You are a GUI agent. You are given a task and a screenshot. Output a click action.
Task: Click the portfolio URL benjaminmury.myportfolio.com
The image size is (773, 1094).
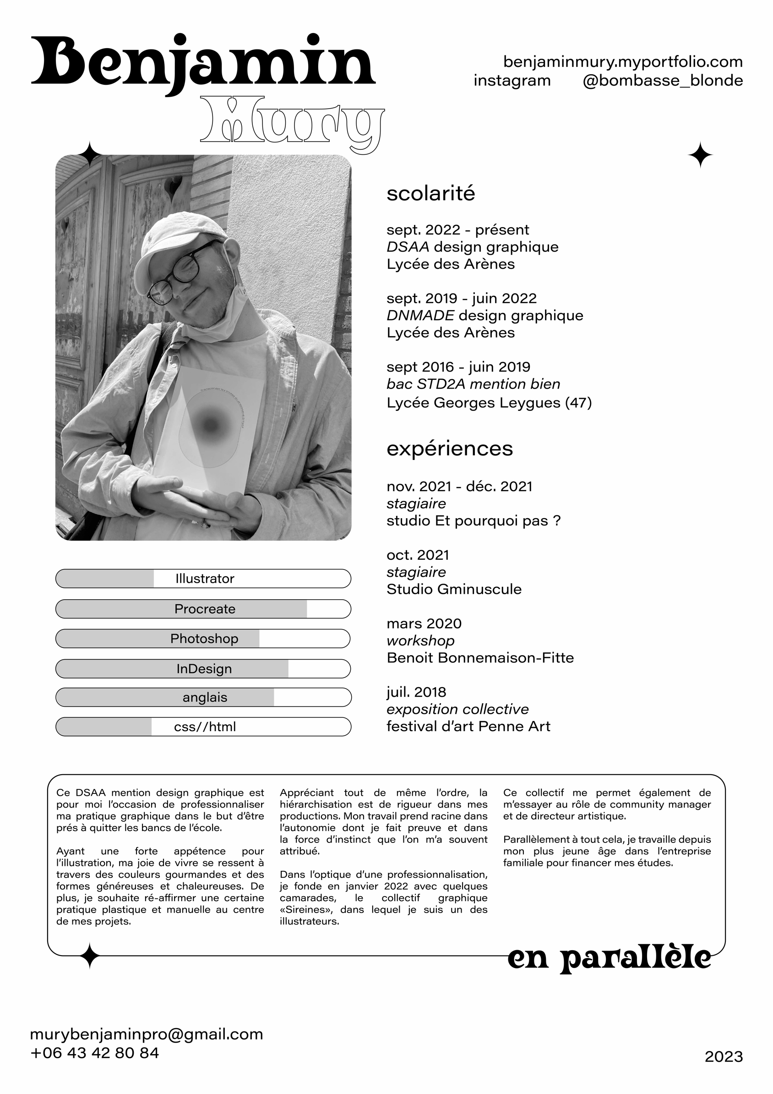[x=622, y=62]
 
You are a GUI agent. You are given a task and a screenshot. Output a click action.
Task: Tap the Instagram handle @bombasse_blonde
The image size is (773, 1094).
[x=663, y=81]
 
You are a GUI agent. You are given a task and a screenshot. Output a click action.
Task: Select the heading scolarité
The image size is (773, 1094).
[x=430, y=193]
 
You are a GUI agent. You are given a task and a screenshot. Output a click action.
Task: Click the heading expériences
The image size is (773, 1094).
[x=450, y=449]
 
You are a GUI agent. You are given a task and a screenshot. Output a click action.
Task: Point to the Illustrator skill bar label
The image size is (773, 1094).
[x=205, y=579]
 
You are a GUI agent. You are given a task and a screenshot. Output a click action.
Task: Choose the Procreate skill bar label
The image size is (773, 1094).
[x=205, y=609]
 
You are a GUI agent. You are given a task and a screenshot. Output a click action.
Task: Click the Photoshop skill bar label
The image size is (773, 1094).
[x=204, y=639]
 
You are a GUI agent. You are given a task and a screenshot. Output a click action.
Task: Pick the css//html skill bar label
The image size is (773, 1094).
[x=205, y=727]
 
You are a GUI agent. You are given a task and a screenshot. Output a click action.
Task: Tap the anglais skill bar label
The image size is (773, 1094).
[x=205, y=697]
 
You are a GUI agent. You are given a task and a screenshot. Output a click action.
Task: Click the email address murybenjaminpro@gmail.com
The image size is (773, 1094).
[x=146, y=1034]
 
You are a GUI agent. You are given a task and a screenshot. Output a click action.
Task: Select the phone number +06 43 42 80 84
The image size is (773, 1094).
[x=94, y=1053]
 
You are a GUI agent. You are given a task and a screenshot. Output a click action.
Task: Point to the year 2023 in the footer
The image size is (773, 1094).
[x=724, y=1057]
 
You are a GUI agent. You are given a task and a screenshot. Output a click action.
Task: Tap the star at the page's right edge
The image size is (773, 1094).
[x=700, y=155]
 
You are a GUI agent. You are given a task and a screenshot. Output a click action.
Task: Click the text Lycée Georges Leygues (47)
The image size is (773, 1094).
[x=489, y=403]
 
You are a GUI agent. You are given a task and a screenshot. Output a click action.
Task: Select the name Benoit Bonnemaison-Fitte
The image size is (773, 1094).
[x=480, y=658]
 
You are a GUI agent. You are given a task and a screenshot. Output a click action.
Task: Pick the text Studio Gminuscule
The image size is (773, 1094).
[x=454, y=590]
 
